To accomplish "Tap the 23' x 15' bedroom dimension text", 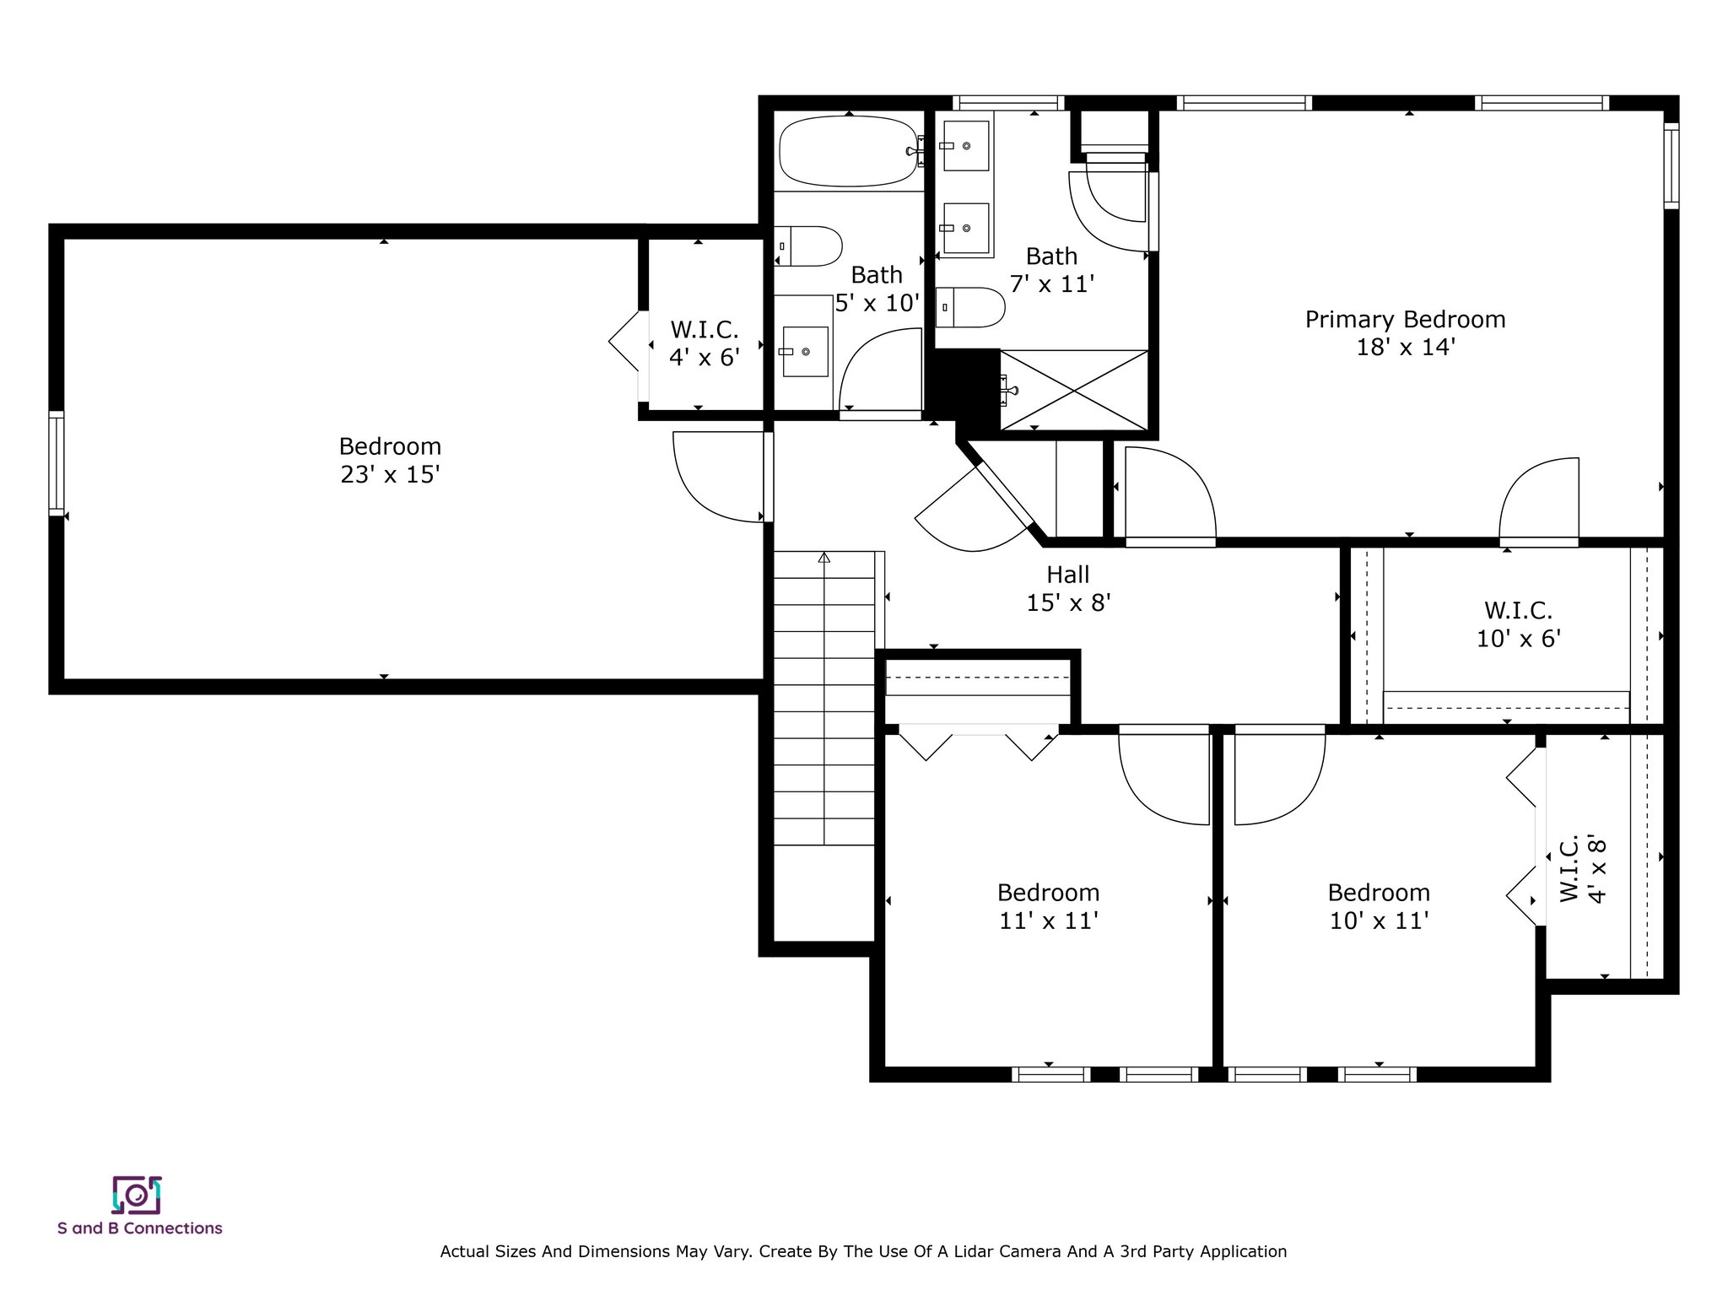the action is (x=390, y=475).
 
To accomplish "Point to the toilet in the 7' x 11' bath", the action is (x=971, y=308).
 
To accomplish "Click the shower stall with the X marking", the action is (x=1074, y=390).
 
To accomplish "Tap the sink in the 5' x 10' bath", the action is (x=805, y=351).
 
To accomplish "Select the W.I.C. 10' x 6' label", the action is (x=1519, y=624).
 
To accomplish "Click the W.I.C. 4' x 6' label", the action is (x=705, y=343).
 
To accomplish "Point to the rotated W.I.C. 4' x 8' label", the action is (x=1582, y=870).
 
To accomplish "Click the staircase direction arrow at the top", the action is (x=824, y=557).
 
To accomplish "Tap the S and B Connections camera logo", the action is (x=137, y=1195).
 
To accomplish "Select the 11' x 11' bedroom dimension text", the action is (x=1048, y=921).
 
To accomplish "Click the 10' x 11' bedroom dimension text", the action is (x=1379, y=921).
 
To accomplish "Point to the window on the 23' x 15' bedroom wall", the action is (x=57, y=462).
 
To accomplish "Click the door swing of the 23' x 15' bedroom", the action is (x=719, y=477).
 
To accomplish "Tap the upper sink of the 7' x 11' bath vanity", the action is (x=966, y=146).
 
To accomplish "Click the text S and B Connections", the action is (x=140, y=1228).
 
